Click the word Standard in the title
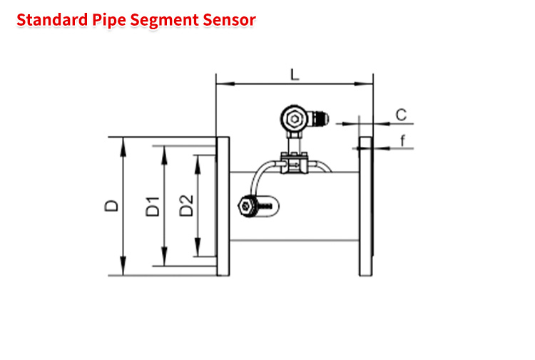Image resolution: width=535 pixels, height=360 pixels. point(52,20)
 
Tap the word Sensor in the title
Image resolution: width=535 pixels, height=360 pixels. point(229,20)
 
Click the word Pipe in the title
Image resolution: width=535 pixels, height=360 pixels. point(109,21)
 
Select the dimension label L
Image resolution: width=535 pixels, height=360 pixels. point(295,75)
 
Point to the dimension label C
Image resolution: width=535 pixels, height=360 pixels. point(401,115)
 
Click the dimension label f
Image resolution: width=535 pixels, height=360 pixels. point(403,140)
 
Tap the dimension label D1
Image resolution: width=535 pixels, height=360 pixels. point(153,207)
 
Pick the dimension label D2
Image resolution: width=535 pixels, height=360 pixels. point(186,205)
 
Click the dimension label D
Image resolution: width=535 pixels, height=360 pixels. point(111,206)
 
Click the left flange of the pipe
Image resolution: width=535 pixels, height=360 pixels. point(223,206)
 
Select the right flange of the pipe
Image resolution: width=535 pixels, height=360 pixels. point(366,206)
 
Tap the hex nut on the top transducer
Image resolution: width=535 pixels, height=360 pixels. point(294,119)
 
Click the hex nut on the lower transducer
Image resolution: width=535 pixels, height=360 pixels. point(245,206)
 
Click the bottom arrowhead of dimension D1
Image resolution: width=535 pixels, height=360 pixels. point(165,257)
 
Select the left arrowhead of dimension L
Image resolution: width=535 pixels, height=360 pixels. point(225,83)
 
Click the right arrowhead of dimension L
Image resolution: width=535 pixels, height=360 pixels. point(363,83)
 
